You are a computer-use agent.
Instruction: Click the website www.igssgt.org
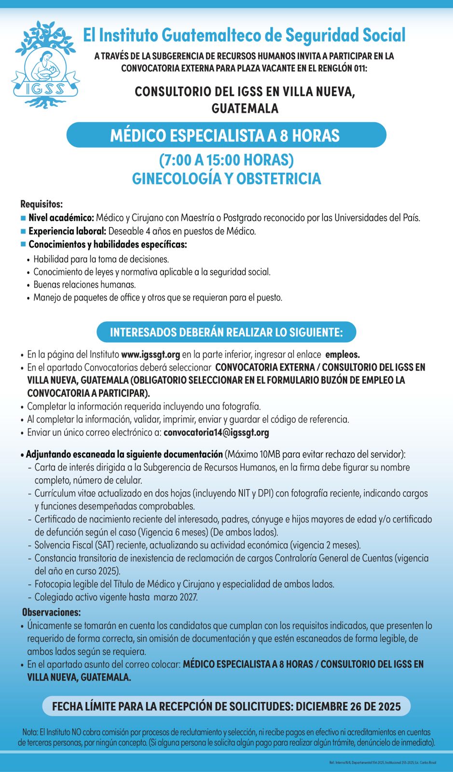click(150, 355)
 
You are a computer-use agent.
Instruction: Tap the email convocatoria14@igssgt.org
click(216, 432)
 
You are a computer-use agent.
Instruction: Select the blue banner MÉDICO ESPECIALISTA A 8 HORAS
click(226, 135)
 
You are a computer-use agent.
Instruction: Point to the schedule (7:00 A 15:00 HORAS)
click(226, 160)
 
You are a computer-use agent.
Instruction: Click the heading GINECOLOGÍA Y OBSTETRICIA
click(226, 179)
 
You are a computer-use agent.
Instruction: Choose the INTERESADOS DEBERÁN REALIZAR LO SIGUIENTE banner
click(226, 332)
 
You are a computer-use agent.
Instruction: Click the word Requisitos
click(41, 204)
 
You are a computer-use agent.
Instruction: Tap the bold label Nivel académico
click(61, 218)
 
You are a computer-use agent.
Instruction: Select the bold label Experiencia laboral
click(67, 231)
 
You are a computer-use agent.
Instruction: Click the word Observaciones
click(51, 612)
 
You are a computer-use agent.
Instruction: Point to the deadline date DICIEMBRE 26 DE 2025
click(348, 706)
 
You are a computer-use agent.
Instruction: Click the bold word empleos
click(343, 355)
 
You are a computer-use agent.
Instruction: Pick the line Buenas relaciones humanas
click(84, 285)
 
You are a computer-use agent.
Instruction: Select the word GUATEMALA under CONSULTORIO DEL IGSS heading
click(245, 108)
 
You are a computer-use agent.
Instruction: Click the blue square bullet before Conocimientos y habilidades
click(23, 244)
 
